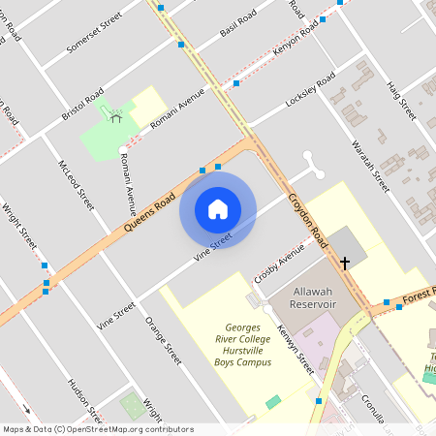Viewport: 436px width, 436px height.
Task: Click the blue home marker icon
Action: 218,208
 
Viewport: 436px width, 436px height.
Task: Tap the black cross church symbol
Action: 344,263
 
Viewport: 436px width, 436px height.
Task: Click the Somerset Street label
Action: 93,34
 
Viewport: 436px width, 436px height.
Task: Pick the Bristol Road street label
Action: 82,104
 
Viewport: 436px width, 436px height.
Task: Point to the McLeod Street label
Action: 76,184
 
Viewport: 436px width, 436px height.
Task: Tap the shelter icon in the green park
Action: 116,117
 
